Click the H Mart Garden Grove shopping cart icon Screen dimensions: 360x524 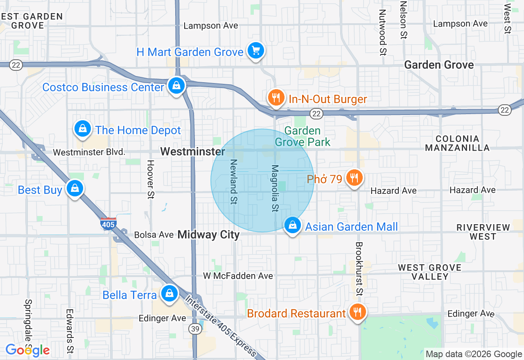pos(256,51)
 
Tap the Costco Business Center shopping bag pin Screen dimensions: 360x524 pos(176,86)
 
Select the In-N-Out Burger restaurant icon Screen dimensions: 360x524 pos(276,98)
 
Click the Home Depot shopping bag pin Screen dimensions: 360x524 pos(83,129)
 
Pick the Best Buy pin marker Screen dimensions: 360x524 pos(75,189)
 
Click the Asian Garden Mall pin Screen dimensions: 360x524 pos(293,225)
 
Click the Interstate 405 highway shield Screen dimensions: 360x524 pos(108,224)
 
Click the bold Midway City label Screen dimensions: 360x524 pos(209,235)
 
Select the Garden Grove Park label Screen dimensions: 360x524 pos(303,136)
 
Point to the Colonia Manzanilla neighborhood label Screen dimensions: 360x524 pos(457,143)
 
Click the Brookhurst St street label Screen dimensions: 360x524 pos(359,268)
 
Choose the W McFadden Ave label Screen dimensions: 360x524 pos(238,276)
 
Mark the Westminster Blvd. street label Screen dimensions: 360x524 pos(89,152)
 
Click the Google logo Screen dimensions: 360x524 pos(27,350)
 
